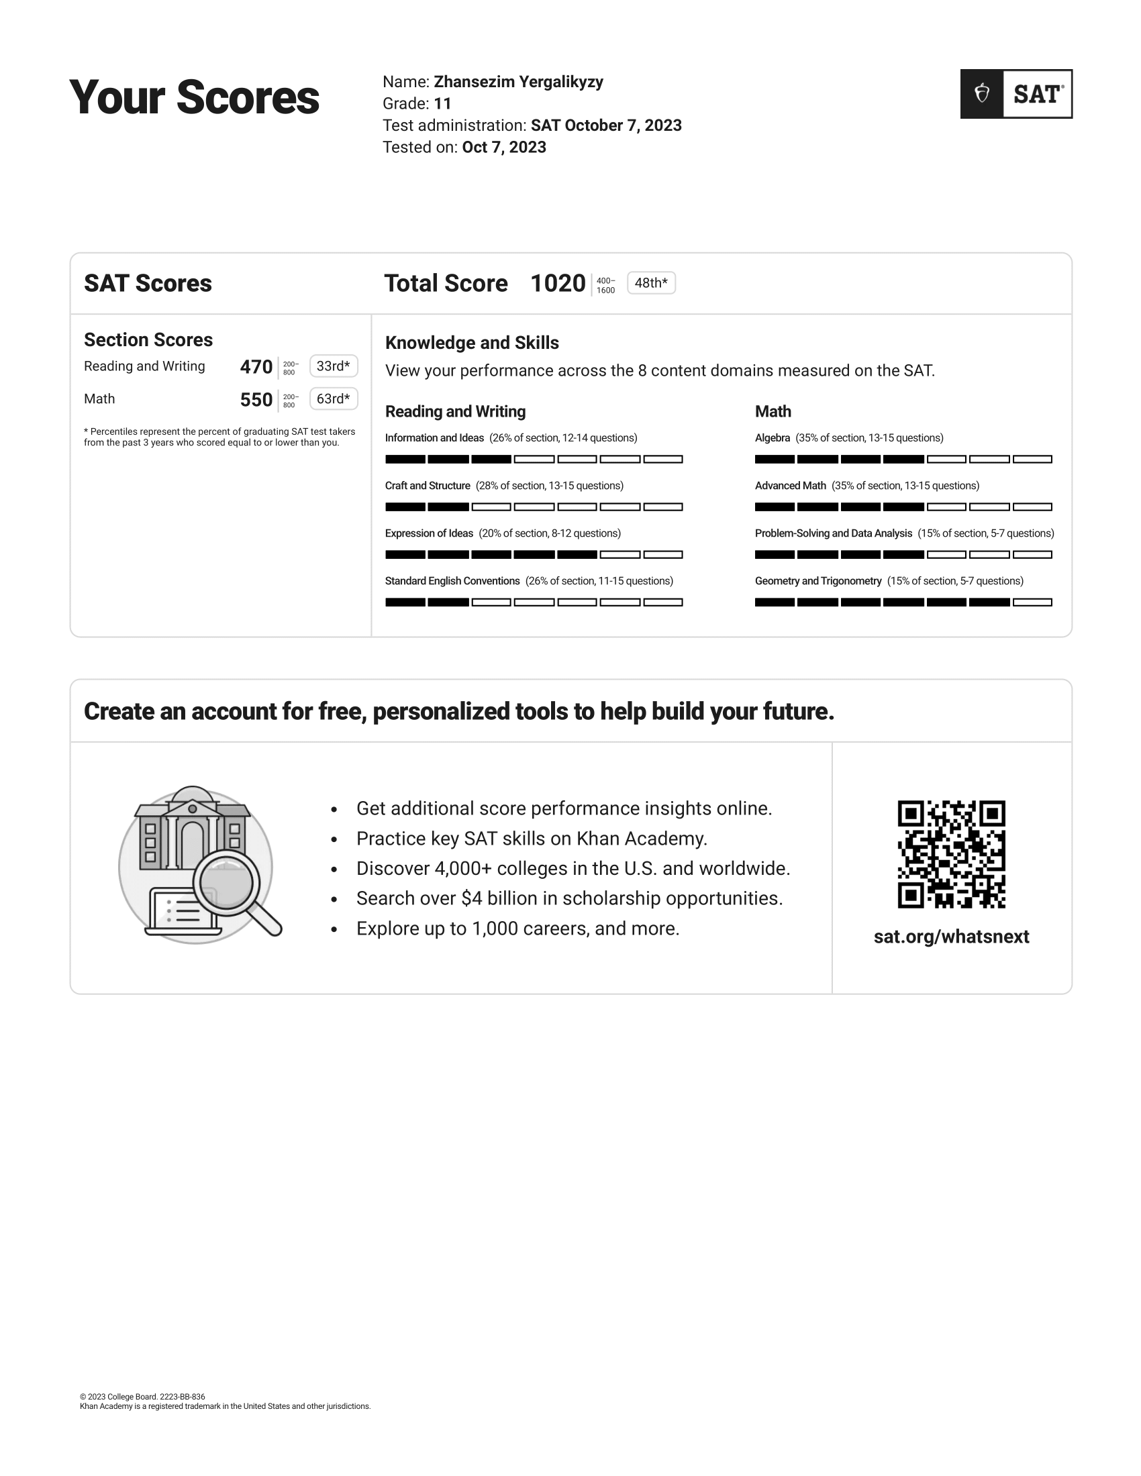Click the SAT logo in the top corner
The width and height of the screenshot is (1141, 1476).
click(x=1016, y=94)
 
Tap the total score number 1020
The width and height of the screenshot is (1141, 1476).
click(x=558, y=283)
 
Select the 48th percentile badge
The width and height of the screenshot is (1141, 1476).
click(x=651, y=283)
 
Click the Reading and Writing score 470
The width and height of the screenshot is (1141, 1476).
click(x=256, y=367)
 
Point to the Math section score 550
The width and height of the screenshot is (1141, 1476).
click(x=256, y=400)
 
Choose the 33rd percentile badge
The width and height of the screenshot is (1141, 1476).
click(x=334, y=366)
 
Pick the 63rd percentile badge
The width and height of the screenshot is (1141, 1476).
click(x=334, y=399)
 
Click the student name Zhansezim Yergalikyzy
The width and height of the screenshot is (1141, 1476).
click(x=518, y=82)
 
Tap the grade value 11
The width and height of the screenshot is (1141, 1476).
click(x=443, y=103)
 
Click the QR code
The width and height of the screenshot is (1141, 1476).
click(x=951, y=854)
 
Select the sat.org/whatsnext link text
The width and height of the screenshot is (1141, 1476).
click(x=951, y=937)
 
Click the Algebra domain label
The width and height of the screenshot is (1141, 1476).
click(x=773, y=438)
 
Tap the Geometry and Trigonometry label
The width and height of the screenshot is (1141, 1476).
click(x=818, y=581)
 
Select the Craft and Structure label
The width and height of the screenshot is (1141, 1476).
click(x=427, y=486)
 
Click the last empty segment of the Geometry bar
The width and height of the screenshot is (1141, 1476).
click(x=1032, y=602)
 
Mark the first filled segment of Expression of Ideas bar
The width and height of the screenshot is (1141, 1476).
click(x=405, y=555)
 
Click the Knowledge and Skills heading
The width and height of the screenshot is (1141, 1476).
click(x=472, y=343)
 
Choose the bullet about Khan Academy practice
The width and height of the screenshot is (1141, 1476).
click(x=532, y=839)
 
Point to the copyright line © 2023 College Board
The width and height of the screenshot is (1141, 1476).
click(x=142, y=1397)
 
